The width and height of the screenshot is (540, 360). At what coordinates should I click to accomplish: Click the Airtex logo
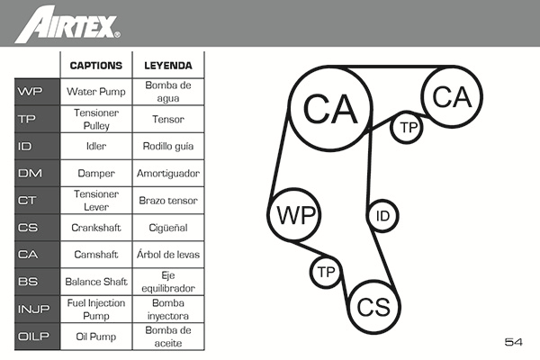(67, 23)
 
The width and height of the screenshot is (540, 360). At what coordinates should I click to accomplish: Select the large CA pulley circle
(330, 109)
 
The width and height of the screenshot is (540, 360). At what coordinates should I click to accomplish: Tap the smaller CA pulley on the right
(452, 97)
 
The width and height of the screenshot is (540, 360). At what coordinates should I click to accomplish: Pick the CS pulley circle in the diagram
(373, 308)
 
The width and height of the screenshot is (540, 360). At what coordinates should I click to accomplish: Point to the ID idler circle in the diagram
(382, 216)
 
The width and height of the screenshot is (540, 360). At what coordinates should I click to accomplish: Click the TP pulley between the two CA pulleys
(409, 128)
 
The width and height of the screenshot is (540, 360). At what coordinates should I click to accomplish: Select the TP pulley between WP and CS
(326, 272)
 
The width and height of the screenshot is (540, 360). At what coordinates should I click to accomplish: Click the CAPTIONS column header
(95, 66)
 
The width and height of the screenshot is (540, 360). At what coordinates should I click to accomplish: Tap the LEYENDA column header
(169, 66)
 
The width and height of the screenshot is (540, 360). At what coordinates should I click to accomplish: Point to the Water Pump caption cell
(95, 91)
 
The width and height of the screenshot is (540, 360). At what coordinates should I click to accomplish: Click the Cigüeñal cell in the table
(169, 228)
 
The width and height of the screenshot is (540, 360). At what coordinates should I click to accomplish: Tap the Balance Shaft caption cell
(95, 282)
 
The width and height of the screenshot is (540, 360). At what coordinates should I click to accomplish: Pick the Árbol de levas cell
(169, 255)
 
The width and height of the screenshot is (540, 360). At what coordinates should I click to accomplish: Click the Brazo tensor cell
(169, 200)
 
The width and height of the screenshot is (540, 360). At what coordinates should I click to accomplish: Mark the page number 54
(514, 342)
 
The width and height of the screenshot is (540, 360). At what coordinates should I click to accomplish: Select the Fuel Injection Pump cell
(95, 310)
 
